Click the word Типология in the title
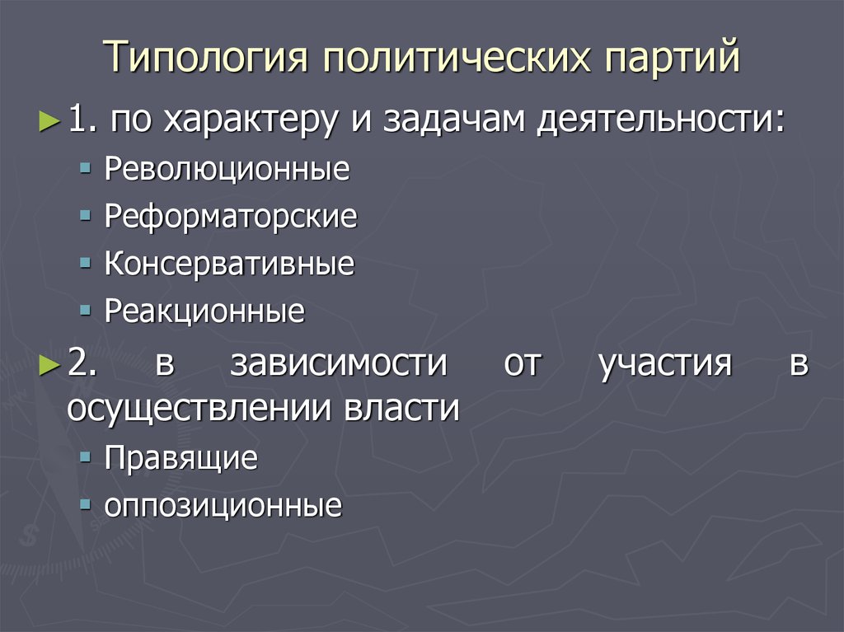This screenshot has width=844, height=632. coord(205,57)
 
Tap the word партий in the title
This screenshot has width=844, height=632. coord(673,57)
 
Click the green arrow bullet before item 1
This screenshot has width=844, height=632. coord(49,122)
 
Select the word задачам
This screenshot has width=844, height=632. coord(454,119)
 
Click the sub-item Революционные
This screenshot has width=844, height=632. coord(227,168)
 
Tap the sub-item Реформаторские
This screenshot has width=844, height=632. coord(231,217)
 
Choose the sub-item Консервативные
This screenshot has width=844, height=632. coord(229,263)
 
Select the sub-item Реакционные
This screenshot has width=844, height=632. coord(204,311)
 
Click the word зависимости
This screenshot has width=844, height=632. coord(339,363)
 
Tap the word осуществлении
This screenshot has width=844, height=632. coord(198,409)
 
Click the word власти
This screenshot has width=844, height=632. coord(401,407)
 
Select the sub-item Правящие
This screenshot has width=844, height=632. coord(181,458)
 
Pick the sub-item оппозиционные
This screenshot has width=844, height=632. coord(223,506)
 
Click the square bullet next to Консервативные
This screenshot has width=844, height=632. coord(85,264)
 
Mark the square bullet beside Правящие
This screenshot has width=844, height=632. coord(85,457)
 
